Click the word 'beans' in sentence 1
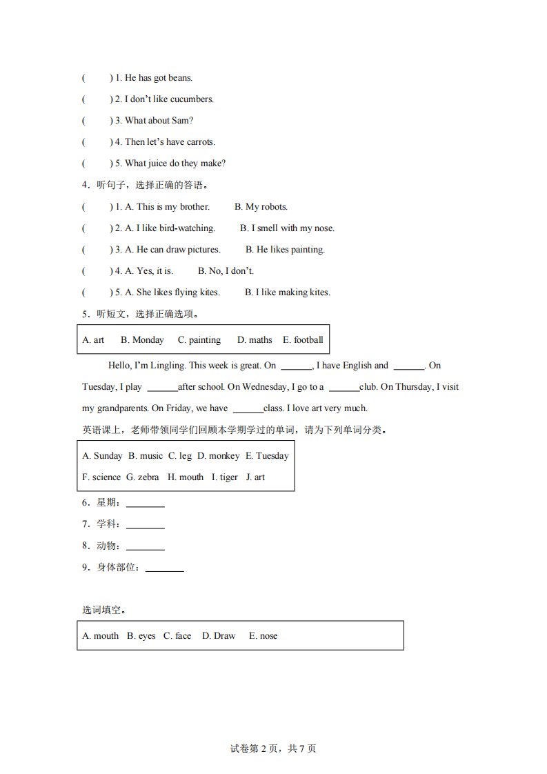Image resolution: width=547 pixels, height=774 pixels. coord(180,78)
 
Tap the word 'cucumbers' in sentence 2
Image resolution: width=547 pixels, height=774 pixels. coord(192,99)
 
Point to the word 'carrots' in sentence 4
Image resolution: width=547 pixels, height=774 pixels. coord(200,142)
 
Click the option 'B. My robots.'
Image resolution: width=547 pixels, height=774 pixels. coord(261,207)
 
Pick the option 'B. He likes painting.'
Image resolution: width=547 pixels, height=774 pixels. coord(285,250)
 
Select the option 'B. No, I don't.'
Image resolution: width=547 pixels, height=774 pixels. coord(226,271)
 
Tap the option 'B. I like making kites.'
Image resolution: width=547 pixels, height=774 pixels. coord(287,292)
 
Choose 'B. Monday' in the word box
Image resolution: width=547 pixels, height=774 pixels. coord(142,340)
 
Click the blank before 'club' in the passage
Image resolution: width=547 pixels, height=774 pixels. coord(344,388)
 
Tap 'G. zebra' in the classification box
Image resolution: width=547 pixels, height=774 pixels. coord(142,477)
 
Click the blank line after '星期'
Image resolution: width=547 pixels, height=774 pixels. coord(145,506)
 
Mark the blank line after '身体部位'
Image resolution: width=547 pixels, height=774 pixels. coord(164,570)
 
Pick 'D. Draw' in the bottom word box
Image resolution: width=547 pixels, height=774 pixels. coord(218,636)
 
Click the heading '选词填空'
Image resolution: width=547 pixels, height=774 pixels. coord(103,610)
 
